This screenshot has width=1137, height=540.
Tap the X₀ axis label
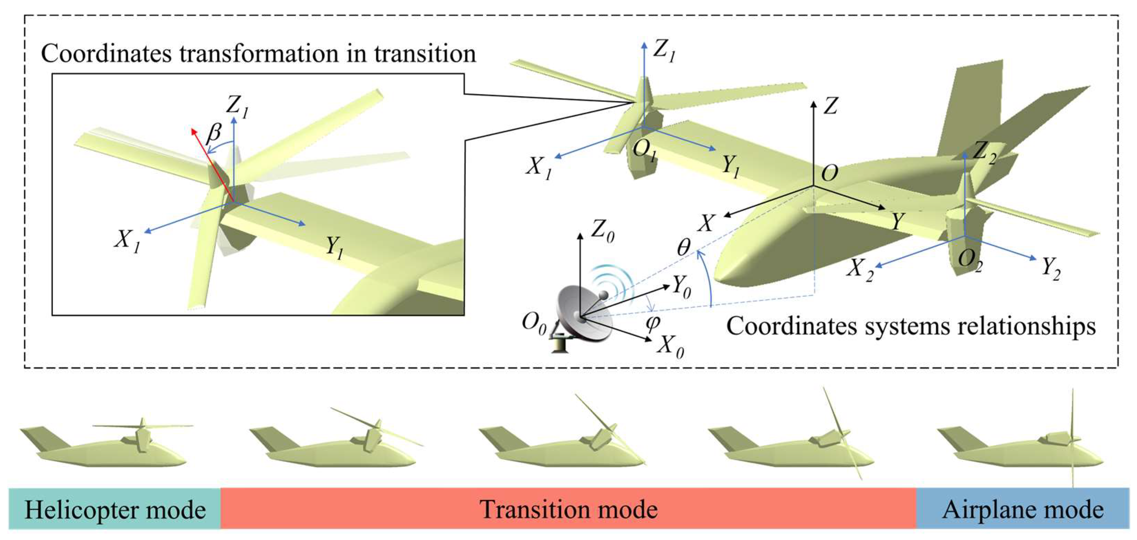[670, 345]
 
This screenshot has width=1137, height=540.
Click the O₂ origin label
[970, 260]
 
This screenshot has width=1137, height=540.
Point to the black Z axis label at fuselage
[830, 106]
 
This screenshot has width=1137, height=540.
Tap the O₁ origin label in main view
[644, 150]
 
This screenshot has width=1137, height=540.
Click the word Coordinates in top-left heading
[106, 54]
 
